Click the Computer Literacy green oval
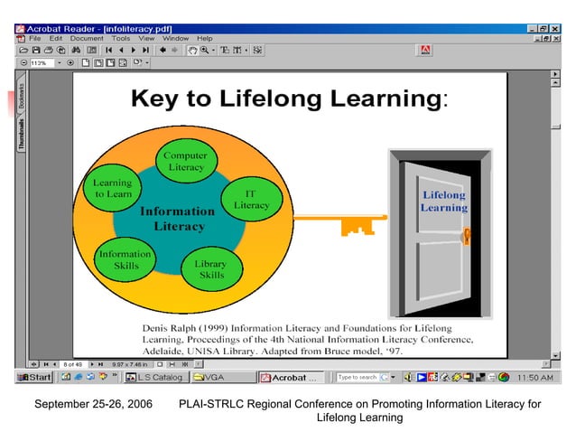click(186, 161)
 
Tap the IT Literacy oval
click(251, 200)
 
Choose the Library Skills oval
click(211, 269)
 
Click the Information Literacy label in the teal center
click(178, 218)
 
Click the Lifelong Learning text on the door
click(443, 201)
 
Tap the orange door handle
click(467, 238)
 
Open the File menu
click(34, 39)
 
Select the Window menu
click(175, 39)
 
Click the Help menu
click(205, 39)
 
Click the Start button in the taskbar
click(35, 377)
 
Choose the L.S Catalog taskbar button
click(155, 377)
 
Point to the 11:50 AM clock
click(535, 377)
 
